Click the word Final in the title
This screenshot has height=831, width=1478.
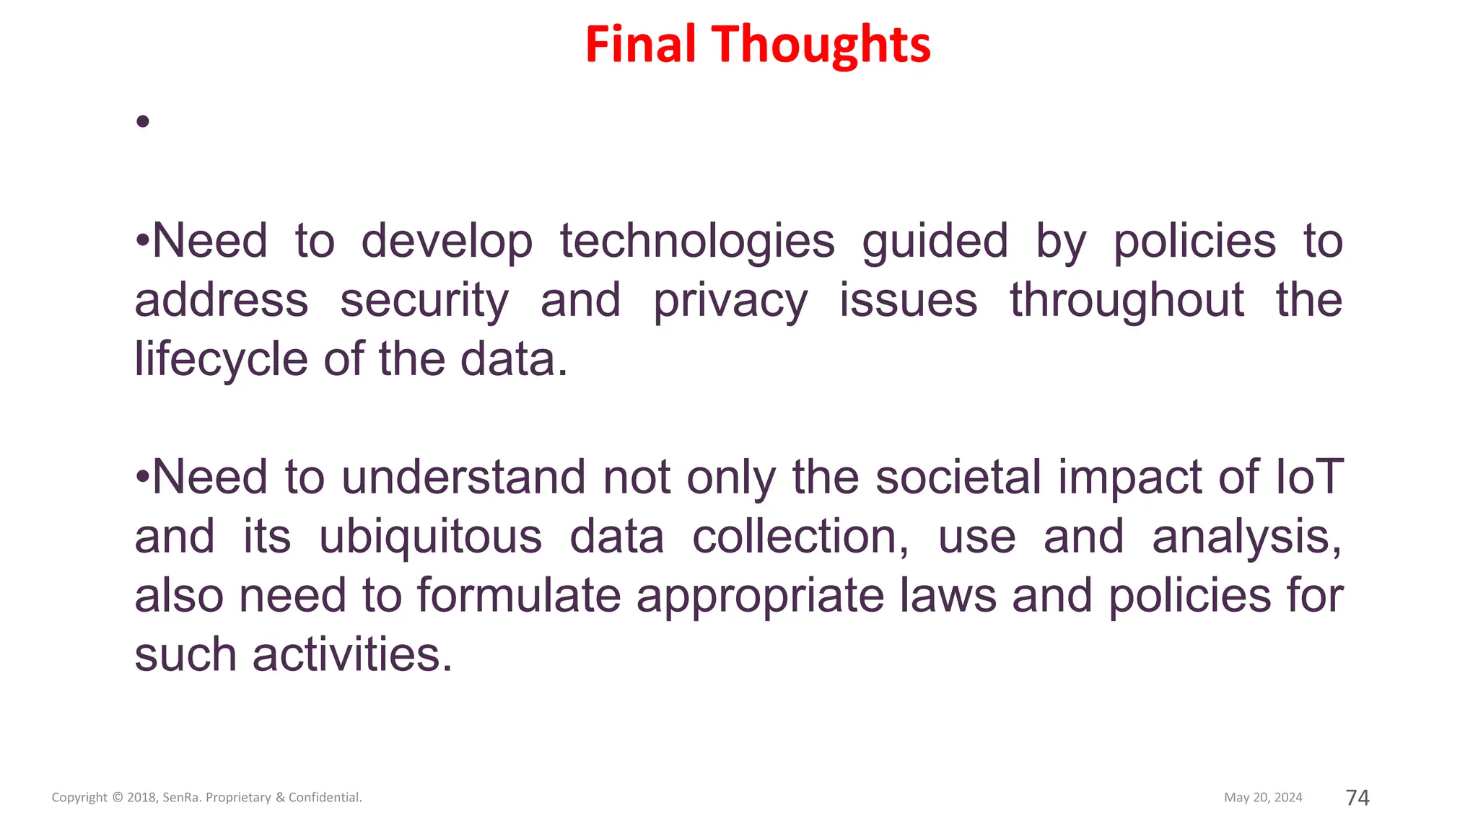(641, 44)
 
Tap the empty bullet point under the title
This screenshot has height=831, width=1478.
(142, 121)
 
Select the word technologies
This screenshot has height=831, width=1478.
(697, 242)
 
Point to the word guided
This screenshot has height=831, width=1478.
(935, 242)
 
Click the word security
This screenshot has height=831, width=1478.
(424, 301)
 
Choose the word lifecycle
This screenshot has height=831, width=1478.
(221, 360)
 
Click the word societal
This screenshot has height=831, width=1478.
(958, 477)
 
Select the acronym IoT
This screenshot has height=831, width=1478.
(1308, 477)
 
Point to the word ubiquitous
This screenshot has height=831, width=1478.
(430, 537)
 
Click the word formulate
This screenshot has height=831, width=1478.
(518, 596)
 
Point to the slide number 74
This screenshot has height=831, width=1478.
(1357, 797)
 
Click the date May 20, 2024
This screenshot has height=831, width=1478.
(1263, 797)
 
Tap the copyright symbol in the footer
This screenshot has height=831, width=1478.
(118, 798)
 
